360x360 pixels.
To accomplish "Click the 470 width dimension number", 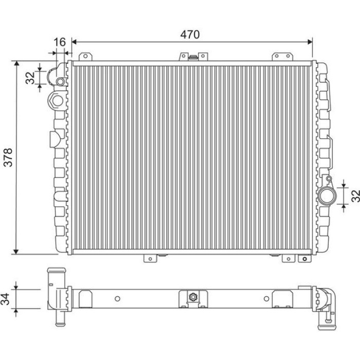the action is (x=190, y=34).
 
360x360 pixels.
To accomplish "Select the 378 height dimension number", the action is (x=9, y=157).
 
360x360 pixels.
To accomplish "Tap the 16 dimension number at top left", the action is (x=60, y=42).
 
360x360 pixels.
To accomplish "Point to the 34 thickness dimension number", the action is (x=5, y=299).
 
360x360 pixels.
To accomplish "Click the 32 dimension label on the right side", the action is (x=356, y=195).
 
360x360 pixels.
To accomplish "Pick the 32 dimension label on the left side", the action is (x=30, y=78).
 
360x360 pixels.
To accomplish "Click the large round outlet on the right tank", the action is (x=327, y=195).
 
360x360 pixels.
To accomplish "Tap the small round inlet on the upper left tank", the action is (x=61, y=81).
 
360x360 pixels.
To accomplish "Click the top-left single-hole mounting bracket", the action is (x=85, y=57).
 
